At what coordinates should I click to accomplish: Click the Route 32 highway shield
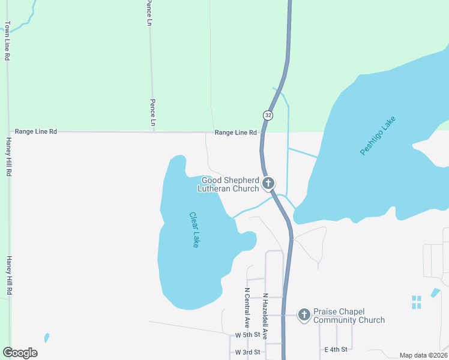pyautogui.click(x=268, y=114)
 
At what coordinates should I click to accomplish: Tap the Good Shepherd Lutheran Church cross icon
pyautogui.click(x=268, y=183)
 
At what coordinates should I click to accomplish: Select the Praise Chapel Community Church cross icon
pyautogui.click(x=304, y=314)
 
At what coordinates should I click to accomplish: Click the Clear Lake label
pyautogui.click(x=194, y=230)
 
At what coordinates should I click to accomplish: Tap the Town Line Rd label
pyautogui.click(x=7, y=41)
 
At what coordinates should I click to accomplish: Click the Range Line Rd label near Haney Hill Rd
pyautogui.click(x=36, y=131)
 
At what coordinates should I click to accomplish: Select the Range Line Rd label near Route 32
pyautogui.click(x=235, y=133)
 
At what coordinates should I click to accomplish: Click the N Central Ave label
pyautogui.click(x=247, y=307)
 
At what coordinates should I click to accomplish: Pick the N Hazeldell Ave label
pyautogui.click(x=264, y=316)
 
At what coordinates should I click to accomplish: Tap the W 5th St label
pyautogui.click(x=248, y=335)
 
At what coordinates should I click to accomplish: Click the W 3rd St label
pyautogui.click(x=248, y=352)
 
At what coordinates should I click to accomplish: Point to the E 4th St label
pyautogui.click(x=337, y=349)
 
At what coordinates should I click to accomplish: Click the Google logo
pyautogui.click(x=20, y=353)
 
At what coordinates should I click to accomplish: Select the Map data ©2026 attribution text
pyautogui.click(x=424, y=355)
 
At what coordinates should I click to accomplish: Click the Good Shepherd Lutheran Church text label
pyautogui.click(x=229, y=184)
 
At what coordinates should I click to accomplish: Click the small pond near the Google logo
pyautogui.click(x=47, y=338)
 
